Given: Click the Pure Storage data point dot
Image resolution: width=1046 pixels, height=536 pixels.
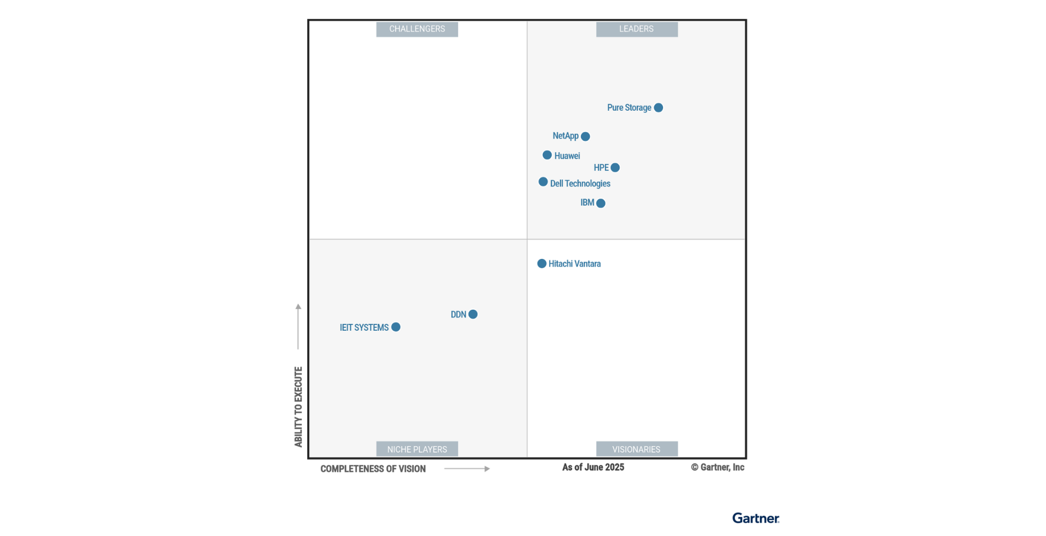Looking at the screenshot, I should [658, 108].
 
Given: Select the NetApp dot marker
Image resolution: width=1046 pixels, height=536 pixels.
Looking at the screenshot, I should [585, 137].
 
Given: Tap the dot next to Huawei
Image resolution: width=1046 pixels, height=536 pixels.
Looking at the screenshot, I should [547, 155].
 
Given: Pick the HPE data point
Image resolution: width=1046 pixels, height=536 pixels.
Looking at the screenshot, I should [615, 168].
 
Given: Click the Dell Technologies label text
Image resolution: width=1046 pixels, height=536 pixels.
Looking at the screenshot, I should [580, 184].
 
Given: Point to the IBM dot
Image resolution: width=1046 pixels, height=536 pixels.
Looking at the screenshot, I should [600, 204].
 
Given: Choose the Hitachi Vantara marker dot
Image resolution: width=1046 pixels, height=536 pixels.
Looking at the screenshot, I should [542, 264].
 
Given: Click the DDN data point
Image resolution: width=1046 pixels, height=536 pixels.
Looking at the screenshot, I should [473, 314].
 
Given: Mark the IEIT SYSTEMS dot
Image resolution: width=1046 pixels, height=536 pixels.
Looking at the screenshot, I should [396, 327].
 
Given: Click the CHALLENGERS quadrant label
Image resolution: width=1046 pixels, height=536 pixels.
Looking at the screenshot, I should [417, 29].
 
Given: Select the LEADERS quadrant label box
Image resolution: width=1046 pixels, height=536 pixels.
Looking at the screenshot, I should [636, 29].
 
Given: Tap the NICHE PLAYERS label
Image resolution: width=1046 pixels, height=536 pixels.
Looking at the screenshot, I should [417, 449].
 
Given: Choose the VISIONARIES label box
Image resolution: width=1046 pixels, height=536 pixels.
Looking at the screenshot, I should [636, 449].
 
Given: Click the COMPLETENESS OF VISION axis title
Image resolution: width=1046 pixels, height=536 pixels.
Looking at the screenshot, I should [373, 469].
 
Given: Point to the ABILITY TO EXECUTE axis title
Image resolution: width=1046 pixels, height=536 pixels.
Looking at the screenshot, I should [298, 407].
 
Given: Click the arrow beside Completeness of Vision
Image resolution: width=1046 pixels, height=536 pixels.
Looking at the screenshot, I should [467, 469].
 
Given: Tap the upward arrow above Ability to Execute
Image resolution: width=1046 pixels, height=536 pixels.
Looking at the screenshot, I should [298, 326].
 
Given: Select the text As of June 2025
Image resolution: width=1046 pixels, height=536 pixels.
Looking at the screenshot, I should [593, 467].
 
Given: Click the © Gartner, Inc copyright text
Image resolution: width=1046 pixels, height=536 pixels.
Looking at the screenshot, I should [717, 467].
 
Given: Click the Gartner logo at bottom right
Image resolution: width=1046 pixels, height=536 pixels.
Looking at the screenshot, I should [755, 518].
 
